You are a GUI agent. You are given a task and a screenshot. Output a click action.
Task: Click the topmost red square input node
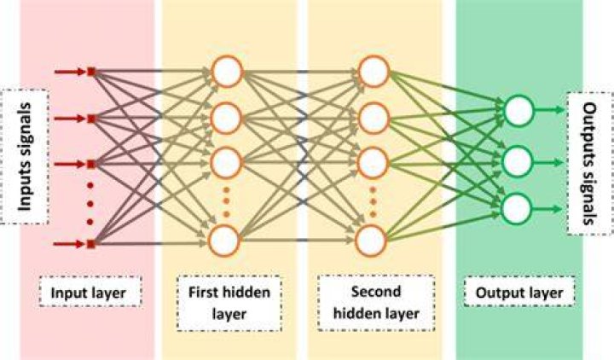(x=91, y=72)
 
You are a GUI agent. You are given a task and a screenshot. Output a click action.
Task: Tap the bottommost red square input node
(x=91, y=245)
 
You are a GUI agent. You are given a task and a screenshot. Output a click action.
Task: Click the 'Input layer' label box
(x=90, y=293)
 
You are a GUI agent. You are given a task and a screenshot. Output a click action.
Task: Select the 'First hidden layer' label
(x=229, y=303)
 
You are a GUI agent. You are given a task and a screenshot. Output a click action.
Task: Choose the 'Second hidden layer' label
(x=376, y=302)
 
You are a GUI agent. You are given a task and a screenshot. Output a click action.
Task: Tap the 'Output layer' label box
(x=519, y=293)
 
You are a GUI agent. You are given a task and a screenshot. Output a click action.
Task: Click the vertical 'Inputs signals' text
(x=25, y=157)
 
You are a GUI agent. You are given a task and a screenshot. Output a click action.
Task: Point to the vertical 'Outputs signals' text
(x=590, y=164)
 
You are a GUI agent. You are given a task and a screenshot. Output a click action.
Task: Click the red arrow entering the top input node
(x=70, y=72)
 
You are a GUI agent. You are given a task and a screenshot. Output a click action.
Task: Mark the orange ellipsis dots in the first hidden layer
(x=226, y=202)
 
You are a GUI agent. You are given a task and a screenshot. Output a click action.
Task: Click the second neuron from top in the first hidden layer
(x=225, y=118)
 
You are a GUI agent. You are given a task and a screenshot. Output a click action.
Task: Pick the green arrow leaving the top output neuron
(x=549, y=110)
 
